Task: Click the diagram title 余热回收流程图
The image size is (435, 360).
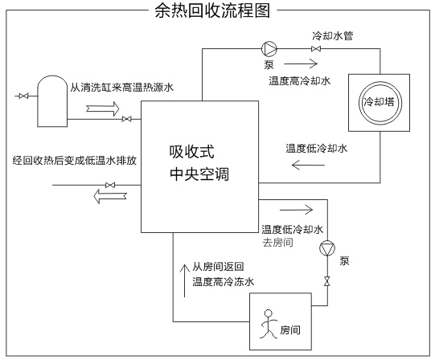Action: coord(212,10)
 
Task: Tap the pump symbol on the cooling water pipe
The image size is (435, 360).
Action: coord(269,49)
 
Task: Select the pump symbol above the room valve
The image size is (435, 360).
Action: coord(327,248)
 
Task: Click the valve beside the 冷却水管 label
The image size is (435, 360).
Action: coord(316,49)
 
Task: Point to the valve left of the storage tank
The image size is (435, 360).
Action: coord(23,96)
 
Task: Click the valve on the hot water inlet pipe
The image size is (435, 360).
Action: coord(126,119)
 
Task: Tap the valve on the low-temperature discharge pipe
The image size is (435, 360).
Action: coord(110,185)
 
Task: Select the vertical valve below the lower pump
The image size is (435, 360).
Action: coord(327,281)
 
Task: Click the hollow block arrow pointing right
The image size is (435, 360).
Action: coord(103,108)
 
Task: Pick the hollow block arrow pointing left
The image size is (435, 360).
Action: coord(110,196)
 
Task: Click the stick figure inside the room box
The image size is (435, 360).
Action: coord(269,324)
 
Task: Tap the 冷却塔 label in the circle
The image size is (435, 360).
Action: coord(379,102)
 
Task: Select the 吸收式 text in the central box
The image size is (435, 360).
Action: coord(191,152)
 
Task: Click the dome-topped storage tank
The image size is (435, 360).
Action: coord(52,101)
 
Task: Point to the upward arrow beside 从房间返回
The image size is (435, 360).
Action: coord(184,280)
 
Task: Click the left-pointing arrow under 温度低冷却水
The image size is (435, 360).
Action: coord(308,165)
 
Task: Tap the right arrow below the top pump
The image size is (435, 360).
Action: coord(301,64)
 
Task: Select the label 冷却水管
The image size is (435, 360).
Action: coord(333,36)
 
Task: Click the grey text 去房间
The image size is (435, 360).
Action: coord(277,243)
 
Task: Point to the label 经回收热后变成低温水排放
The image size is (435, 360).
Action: coord(75,161)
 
